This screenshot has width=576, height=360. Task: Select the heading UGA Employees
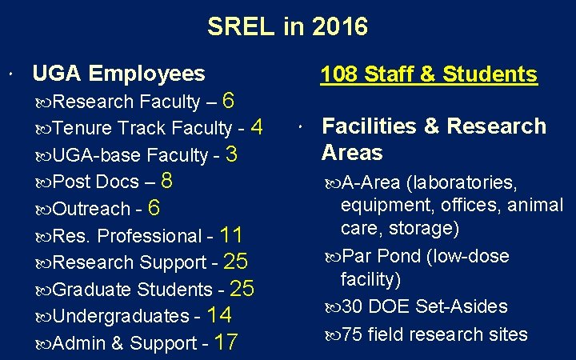(118, 74)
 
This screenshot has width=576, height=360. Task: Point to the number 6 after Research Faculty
(228, 101)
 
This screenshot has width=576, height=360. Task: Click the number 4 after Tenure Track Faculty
(256, 127)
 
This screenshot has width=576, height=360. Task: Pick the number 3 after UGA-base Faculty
(232, 154)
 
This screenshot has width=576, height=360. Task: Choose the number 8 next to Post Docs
(167, 181)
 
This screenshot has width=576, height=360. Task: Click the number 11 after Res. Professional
(230, 235)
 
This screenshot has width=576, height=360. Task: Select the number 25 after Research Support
(236, 262)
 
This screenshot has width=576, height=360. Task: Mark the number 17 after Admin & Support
(226, 343)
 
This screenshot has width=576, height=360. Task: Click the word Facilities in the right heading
(367, 126)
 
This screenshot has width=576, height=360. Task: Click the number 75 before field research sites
(353, 334)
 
